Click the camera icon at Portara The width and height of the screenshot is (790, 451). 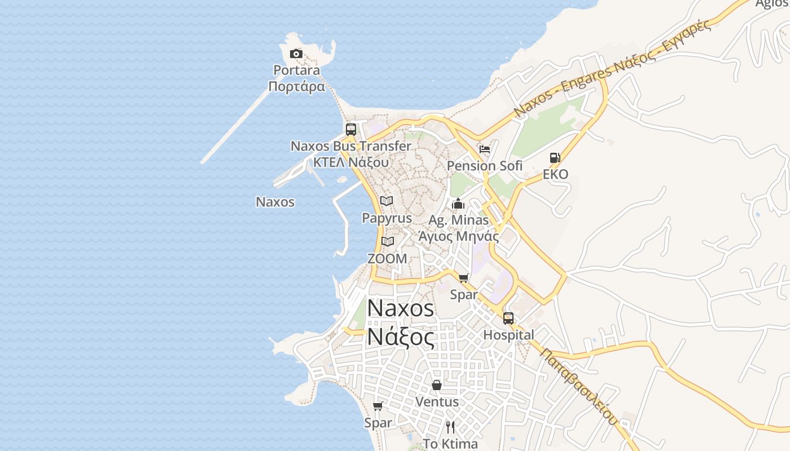click(296, 54)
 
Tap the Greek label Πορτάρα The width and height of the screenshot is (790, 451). click(297, 86)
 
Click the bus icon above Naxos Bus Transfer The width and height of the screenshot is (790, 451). click(350, 129)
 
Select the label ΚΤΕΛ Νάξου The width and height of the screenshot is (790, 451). click(351, 162)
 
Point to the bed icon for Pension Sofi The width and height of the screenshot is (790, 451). click(484, 149)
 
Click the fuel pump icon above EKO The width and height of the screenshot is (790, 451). click(555, 158)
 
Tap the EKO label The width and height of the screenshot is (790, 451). click(555, 174)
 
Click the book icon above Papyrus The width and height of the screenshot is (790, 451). click(387, 201)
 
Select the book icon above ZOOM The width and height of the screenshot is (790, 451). click(387, 241)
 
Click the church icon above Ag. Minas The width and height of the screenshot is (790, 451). click(458, 203)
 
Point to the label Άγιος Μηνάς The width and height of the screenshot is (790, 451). click(458, 236)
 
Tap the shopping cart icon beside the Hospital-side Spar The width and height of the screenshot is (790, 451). click(464, 278)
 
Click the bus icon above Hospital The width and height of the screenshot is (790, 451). click(508, 319)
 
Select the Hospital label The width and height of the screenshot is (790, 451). click(508, 335)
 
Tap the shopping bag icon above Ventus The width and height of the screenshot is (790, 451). click(437, 385)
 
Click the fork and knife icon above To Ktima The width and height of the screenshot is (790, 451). click(450, 427)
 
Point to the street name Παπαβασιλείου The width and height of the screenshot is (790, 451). click(580, 386)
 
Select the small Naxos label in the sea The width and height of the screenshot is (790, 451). click(275, 202)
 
